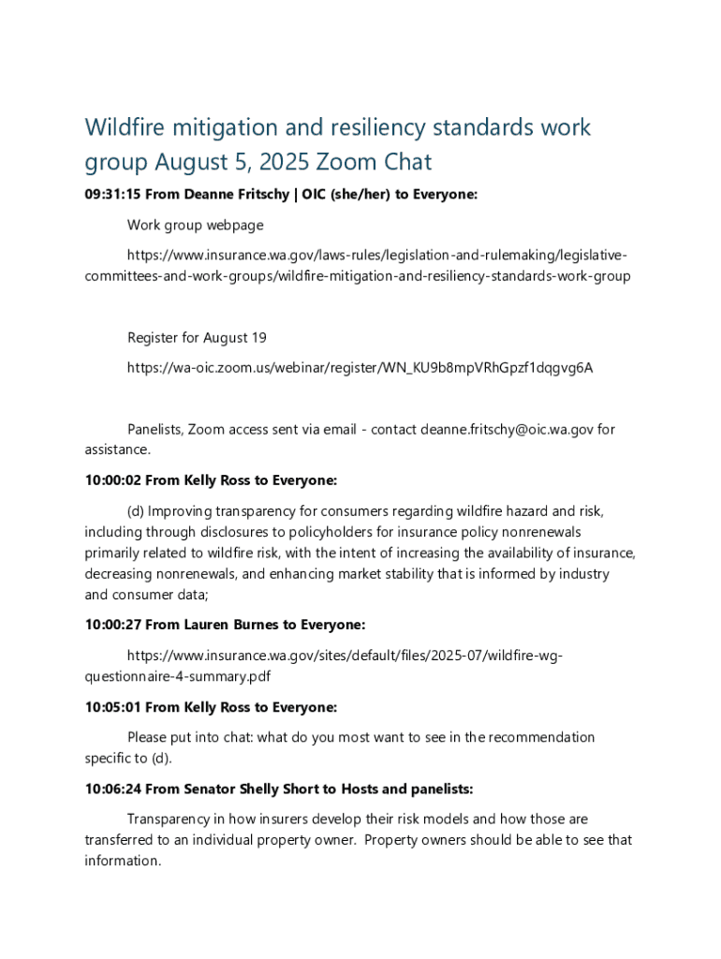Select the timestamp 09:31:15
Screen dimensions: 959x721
[x=112, y=195]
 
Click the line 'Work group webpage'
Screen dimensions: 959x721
[x=195, y=225]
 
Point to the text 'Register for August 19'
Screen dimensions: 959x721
[x=197, y=337]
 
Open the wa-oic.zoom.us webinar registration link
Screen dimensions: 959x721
[x=360, y=368]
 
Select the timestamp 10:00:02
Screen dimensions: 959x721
[x=112, y=480]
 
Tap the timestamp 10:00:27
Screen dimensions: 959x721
[x=112, y=625]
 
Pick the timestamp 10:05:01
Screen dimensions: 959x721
[x=112, y=707]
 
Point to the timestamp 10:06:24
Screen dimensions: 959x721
[x=112, y=789]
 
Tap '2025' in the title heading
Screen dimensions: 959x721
[x=284, y=162]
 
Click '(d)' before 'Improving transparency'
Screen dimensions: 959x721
[x=136, y=511]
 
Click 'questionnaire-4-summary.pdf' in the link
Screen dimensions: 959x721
[x=177, y=676]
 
